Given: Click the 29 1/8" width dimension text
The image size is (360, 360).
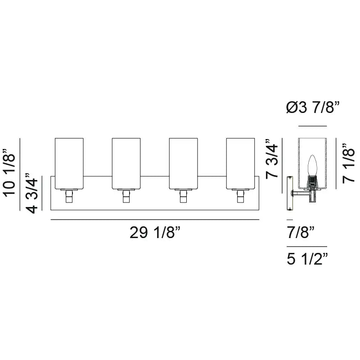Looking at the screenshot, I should [x=155, y=233].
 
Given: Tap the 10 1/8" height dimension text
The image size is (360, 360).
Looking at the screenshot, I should [x=12, y=174].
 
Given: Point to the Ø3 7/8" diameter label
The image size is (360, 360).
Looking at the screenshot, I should [x=312, y=108].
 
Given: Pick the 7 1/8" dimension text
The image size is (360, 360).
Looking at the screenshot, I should [x=349, y=163].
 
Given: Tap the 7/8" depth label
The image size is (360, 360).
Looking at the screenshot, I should [x=300, y=233].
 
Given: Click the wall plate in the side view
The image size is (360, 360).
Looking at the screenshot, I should [x=289, y=194].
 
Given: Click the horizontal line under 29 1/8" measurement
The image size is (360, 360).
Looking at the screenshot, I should [x=155, y=219].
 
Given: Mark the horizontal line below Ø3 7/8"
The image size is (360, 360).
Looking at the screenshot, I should [x=312, y=126].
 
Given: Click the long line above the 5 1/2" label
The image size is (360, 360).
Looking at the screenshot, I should [x=307, y=247].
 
